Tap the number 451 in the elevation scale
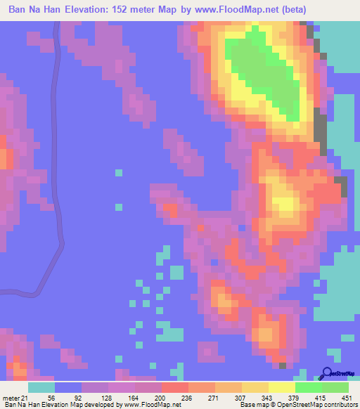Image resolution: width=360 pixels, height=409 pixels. (x=347, y=397)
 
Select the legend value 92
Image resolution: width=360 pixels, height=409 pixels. (x=65, y=397)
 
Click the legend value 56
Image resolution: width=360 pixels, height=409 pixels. (x=40, y=397)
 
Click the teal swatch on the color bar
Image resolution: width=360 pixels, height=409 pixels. (x=41, y=387)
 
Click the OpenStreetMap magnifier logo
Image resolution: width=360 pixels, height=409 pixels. (x=328, y=375)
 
